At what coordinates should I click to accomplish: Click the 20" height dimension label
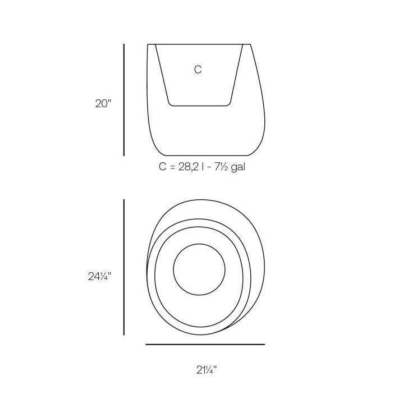(x=103, y=104)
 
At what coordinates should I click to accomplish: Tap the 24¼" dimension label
(x=99, y=277)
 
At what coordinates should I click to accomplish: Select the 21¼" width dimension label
(x=207, y=370)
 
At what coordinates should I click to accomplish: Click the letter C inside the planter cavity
(x=198, y=70)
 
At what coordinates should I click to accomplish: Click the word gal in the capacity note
(x=238, y=168)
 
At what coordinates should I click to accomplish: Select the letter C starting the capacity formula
(x=163, y=167)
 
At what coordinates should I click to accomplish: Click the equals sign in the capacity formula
(x=172, y=167)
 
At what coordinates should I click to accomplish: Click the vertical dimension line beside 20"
(x=124, y=100)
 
